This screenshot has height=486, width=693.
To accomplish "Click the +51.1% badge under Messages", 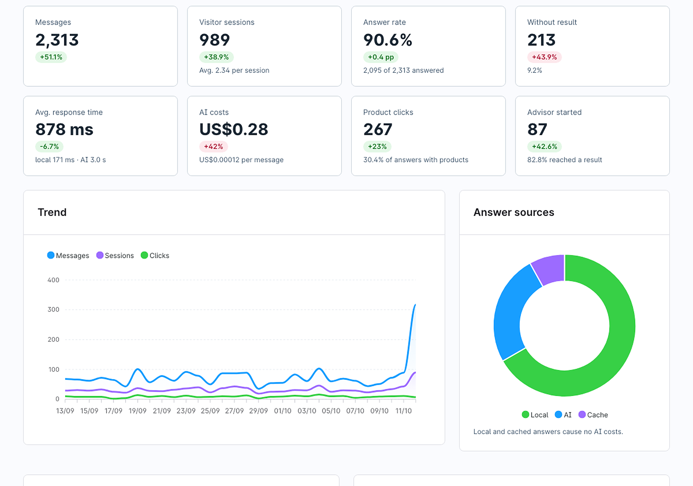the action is (51, 57).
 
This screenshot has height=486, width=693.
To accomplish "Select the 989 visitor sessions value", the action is (214, 40).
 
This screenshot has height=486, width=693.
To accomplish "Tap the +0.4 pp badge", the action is (381, 57).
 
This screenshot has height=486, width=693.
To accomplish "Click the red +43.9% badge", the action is (544, 57).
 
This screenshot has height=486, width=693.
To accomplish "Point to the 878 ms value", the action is (64, 129).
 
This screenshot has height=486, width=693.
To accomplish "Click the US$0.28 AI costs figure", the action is (234, 129).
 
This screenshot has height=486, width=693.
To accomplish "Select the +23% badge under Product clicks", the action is (377, 146).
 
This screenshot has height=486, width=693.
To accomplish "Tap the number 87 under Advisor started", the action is (537, 129).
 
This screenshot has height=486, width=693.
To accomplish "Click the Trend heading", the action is (52, 212).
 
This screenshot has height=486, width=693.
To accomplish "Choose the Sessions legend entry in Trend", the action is (115, 255).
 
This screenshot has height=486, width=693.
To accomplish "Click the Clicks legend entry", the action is (155, 255).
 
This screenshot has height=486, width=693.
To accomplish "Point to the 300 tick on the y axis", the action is (53, 309).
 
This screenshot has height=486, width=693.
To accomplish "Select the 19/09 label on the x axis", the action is (137, 411).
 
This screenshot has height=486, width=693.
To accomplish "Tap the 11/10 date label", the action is (403, 411).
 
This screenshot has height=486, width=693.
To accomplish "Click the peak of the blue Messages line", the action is (415, 305).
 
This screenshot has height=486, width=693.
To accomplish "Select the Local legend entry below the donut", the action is (535, 415).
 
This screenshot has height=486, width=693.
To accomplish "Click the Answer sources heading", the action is (514, 212).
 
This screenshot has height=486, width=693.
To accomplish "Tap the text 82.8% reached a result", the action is (565, 160).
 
